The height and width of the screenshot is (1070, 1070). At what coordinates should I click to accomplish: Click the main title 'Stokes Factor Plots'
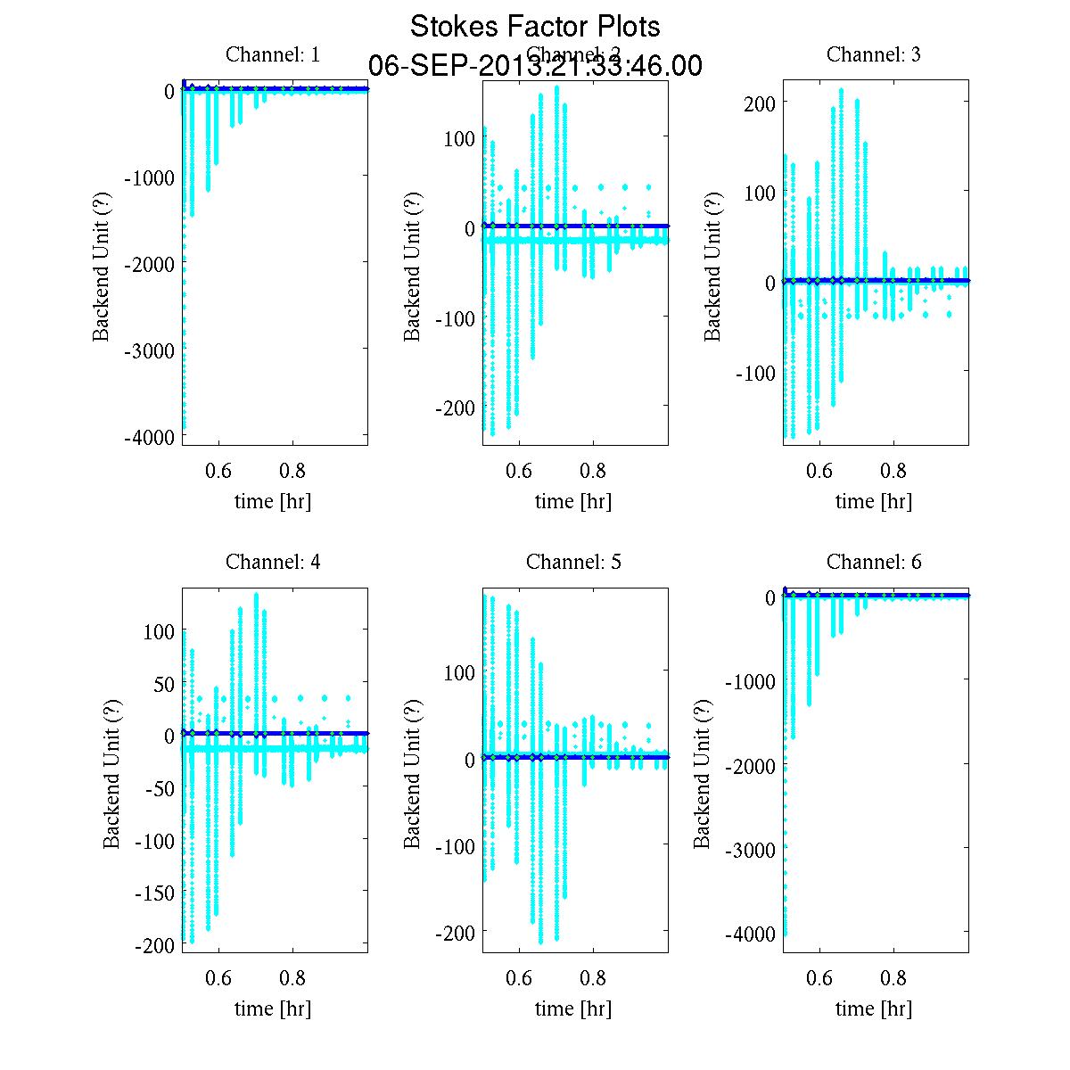(x=535, y=27)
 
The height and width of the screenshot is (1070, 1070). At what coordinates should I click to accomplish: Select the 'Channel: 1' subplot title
(x=273, y=54)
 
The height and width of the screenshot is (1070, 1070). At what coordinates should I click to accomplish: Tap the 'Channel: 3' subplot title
(x=874, y=54)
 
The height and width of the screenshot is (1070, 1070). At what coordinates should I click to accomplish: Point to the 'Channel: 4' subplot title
(x=273, y=562)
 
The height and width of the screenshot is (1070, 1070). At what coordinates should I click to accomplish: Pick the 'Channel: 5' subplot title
(x=573, y=562)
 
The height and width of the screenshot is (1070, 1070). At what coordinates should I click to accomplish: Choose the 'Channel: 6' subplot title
(x=874, y=562)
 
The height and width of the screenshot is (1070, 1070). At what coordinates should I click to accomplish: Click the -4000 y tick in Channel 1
(x=150, y=437)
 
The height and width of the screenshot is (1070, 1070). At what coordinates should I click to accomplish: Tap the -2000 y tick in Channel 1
(x=150, y=264)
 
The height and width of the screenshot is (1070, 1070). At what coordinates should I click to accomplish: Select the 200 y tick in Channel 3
(x=761, y=102)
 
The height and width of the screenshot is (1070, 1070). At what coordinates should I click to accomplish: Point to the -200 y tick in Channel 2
(x=457, y=407)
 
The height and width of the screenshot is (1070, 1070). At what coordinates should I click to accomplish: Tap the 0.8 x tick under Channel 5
(x=593, y=978)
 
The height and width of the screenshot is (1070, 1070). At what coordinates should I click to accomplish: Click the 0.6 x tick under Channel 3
(x=819, y=471)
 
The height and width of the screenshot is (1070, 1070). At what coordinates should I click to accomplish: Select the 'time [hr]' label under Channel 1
(x=273, y=501)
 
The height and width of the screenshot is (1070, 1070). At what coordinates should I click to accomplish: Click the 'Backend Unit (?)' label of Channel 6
(x=703, y=774)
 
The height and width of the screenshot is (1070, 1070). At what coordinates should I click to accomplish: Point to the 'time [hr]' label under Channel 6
(x=874, y=1008)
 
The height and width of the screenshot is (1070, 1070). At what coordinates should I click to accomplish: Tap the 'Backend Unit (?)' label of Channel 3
(x=712, y=266)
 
